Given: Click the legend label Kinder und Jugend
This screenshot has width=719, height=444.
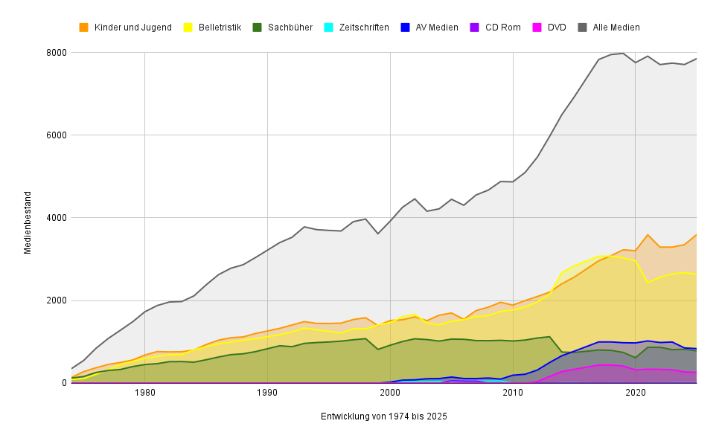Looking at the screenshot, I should pyautogui.click(x=132, y=28).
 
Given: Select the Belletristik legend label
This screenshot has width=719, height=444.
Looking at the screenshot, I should pyautogui.click(x=220, y=28).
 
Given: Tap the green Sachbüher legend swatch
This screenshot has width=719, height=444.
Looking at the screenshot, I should pyautogui.click(x=257, y=28).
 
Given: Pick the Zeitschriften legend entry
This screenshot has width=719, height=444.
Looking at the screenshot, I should pyautogui.click(x=363, y=28).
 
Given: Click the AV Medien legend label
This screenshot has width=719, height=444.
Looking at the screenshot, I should pyautogui.click(x=436, y=28).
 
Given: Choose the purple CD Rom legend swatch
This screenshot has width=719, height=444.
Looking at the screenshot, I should pyautogui.click(x=475, y=28).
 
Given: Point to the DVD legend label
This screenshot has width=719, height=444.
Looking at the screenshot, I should pyautogui.click(x=557, y=28).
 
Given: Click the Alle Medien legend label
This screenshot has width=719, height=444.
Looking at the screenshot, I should pyautogui.click(x=616, y=28).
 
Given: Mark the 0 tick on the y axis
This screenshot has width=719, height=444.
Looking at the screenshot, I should pyautogui.click(x=64, y=383).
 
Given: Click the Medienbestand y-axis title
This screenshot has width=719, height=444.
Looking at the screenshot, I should pyautogui.click(x=28, y=222).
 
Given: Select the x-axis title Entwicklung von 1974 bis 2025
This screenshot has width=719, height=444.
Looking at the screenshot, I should pyautogui.click(x=383, y=416).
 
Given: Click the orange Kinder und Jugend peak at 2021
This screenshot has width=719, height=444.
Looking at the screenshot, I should pyautogui.click(x=648, y=235).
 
